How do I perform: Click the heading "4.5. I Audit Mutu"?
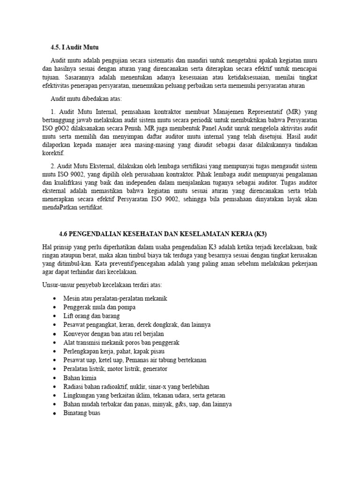coord(75,47)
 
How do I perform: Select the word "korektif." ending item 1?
coord(53,153)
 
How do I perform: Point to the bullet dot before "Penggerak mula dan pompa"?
coord(56,307)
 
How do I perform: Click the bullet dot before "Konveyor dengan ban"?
coord(56,334)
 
